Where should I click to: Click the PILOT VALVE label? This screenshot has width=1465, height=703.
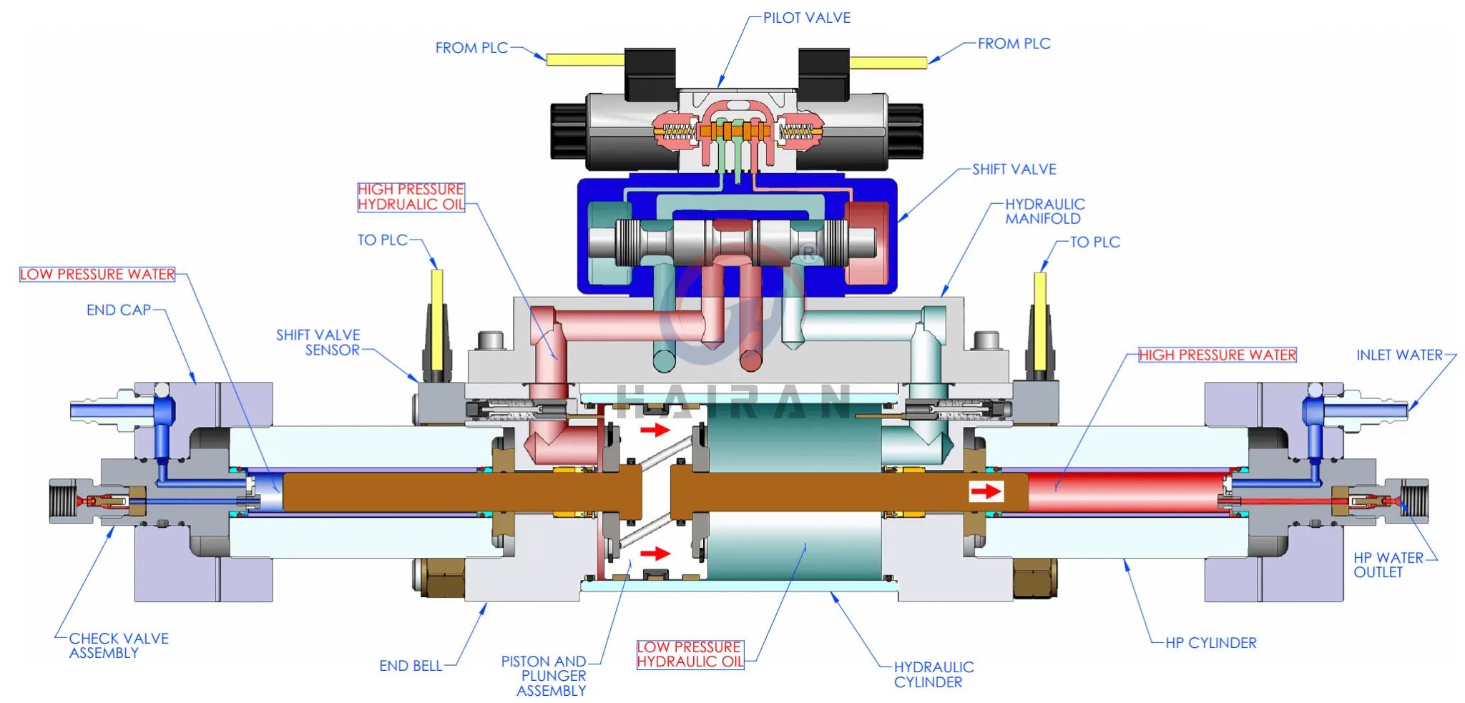tap(806, 18)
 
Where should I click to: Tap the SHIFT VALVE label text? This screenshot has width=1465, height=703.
tap(1014, 169)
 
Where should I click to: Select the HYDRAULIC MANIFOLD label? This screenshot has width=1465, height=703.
tap(1044, 212)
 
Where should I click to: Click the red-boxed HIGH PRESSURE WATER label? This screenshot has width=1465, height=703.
tap(1217, 355)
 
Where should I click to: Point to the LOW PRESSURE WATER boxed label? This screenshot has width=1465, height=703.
tap(97, 275)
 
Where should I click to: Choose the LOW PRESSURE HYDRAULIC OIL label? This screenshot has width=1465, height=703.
tap(690, 654)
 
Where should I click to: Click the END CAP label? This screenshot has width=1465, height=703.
tap(119, 310)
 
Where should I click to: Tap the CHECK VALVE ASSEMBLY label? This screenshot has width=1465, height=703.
tap(118, 645)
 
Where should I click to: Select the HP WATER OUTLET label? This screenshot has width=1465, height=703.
tap(1387, 565)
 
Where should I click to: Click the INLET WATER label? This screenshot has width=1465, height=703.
tap(1399, 355)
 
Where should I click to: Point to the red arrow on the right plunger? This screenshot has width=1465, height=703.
tap(986, 491)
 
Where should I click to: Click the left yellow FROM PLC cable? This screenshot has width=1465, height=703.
tap(584, 60)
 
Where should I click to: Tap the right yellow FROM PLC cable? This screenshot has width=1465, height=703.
tap(888, 63)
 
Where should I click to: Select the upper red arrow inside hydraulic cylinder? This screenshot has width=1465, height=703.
tap(655, 430)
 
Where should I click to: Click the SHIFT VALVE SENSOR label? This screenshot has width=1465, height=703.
tap(318, 343)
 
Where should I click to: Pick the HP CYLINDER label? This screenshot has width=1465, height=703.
tap(1210, 643)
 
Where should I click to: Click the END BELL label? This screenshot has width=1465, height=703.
tap(410, 666)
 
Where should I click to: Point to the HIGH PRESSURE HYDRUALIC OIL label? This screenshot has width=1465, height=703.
tap(411, 197)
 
